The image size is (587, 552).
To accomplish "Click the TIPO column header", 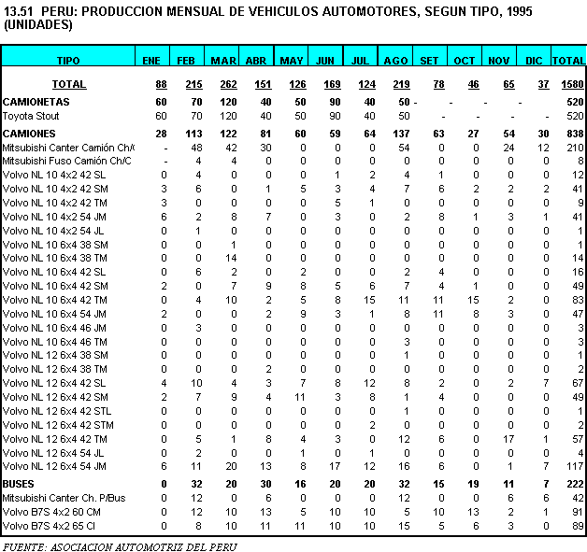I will (68, 60).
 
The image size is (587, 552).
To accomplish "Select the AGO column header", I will (395, 60).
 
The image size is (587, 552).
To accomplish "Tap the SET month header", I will (429, 60).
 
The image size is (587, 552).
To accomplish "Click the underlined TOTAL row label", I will (68, 84).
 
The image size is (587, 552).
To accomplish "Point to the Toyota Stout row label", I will (31, 116).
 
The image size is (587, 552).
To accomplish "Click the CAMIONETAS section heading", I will (36, 101).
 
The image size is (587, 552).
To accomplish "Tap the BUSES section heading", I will (20, 484).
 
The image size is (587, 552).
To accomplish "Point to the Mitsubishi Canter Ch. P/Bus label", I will (64, 498).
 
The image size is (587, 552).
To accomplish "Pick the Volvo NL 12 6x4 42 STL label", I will (57, 410).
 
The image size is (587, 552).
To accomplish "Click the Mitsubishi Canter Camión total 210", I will (574, 148).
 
